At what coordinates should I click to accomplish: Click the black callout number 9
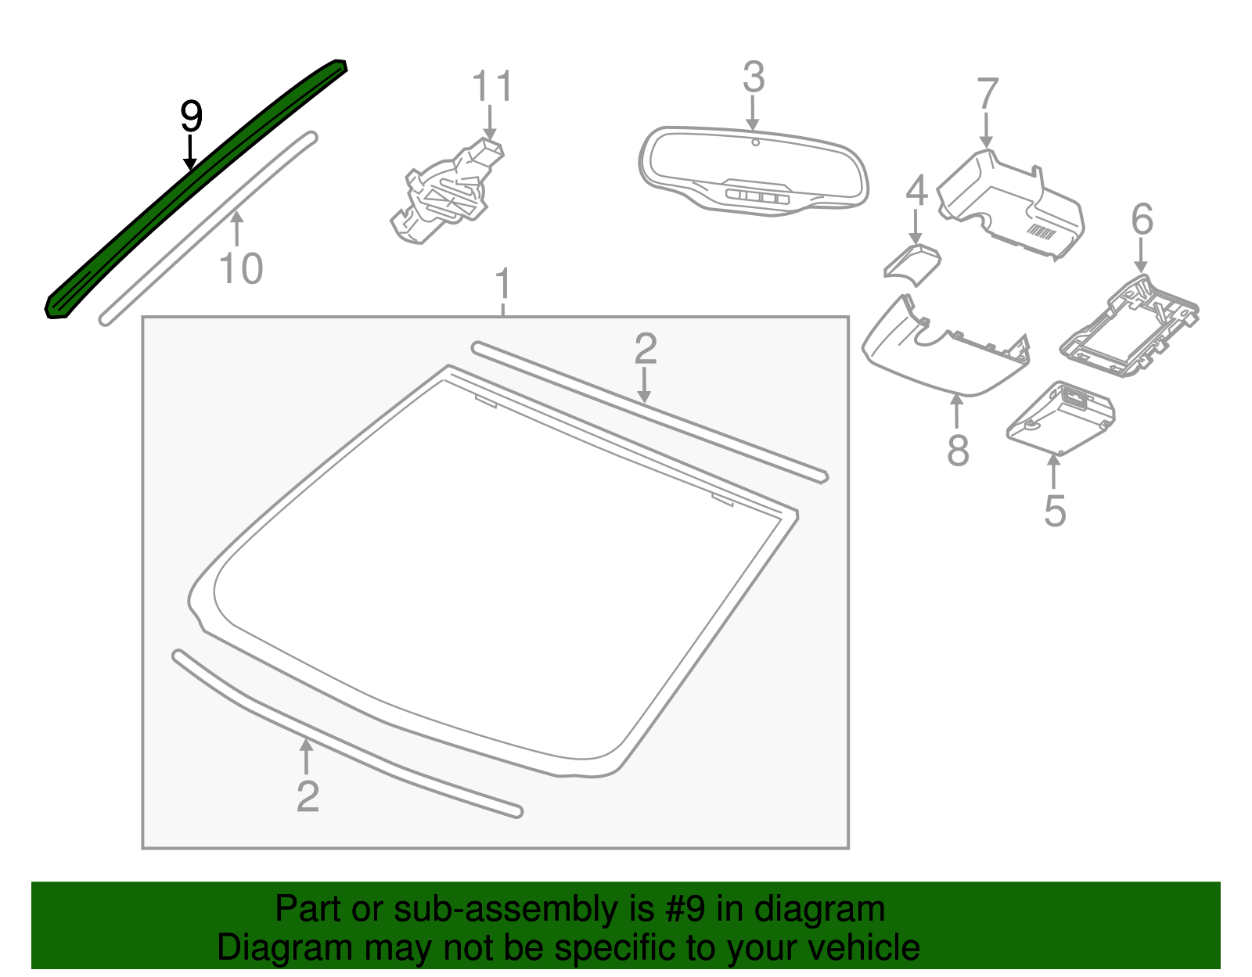[x=191, y=117]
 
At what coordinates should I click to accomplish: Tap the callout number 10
[x=241, y=269]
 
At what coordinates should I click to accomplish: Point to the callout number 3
[x=753, y=77]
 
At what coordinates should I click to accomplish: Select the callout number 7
[x=988, y=94]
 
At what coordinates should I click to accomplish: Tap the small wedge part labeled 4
[x=912, y=262]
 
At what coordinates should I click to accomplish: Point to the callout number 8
[x=958, y=451]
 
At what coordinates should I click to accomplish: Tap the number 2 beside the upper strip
[x=646, y=348]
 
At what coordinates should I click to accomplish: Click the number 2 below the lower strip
[x=308, y=796]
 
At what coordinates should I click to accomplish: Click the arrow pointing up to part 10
[x=237, y=228]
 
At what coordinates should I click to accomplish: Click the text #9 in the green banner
[x=686, y=910]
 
